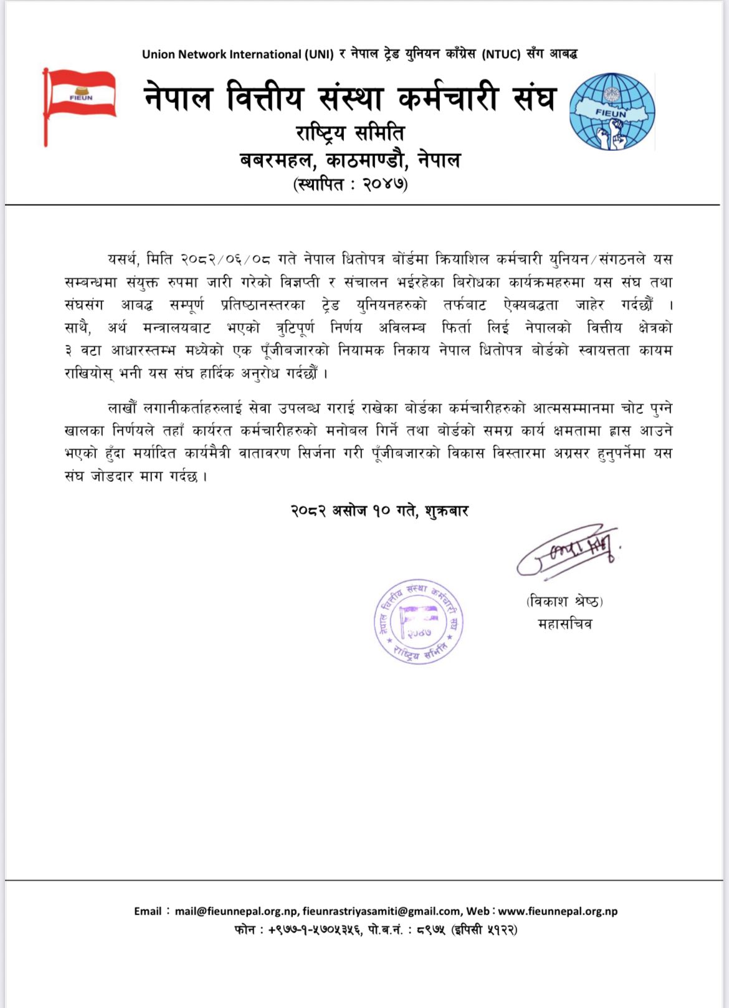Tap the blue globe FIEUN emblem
click(611, 112)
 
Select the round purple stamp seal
click(419, 622)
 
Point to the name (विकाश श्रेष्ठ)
click(565, 602)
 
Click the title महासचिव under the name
click(565, 623)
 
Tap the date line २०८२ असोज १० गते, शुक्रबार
click(379, 511)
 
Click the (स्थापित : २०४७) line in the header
click(351, 185)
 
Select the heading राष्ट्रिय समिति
click(350, 133)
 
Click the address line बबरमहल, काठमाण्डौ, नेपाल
click(350, 160)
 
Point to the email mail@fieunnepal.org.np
click(236, 911)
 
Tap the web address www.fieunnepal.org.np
click(558, 911)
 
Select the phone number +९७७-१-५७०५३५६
click(314, 930)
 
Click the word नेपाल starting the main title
click(178, 98)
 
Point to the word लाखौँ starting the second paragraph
click(123, 409)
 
